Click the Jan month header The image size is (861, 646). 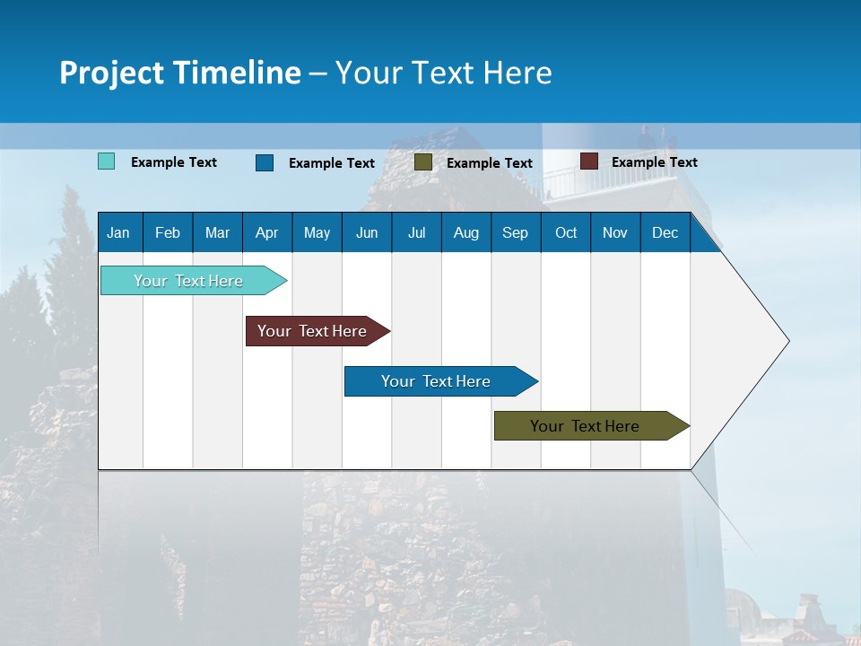click(118, 233)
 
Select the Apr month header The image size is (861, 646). click(266, 233)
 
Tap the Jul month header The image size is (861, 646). click(416, 233)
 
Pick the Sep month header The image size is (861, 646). click(515, 233)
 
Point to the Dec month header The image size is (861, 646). click(665, 233)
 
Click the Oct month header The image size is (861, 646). click(566, 233)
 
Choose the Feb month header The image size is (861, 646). click(168, 233)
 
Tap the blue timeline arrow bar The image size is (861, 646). click(437, 381)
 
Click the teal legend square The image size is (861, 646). click(107, 161)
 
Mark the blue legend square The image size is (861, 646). click(265, 162)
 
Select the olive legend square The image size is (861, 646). click(423, 162)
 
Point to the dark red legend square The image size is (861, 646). click(589, 161)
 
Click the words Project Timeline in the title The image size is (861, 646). click(180, 73)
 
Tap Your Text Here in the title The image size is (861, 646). click(443, 73)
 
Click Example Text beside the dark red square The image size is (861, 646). click(654, 162)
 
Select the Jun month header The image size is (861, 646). click(367, 233)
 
